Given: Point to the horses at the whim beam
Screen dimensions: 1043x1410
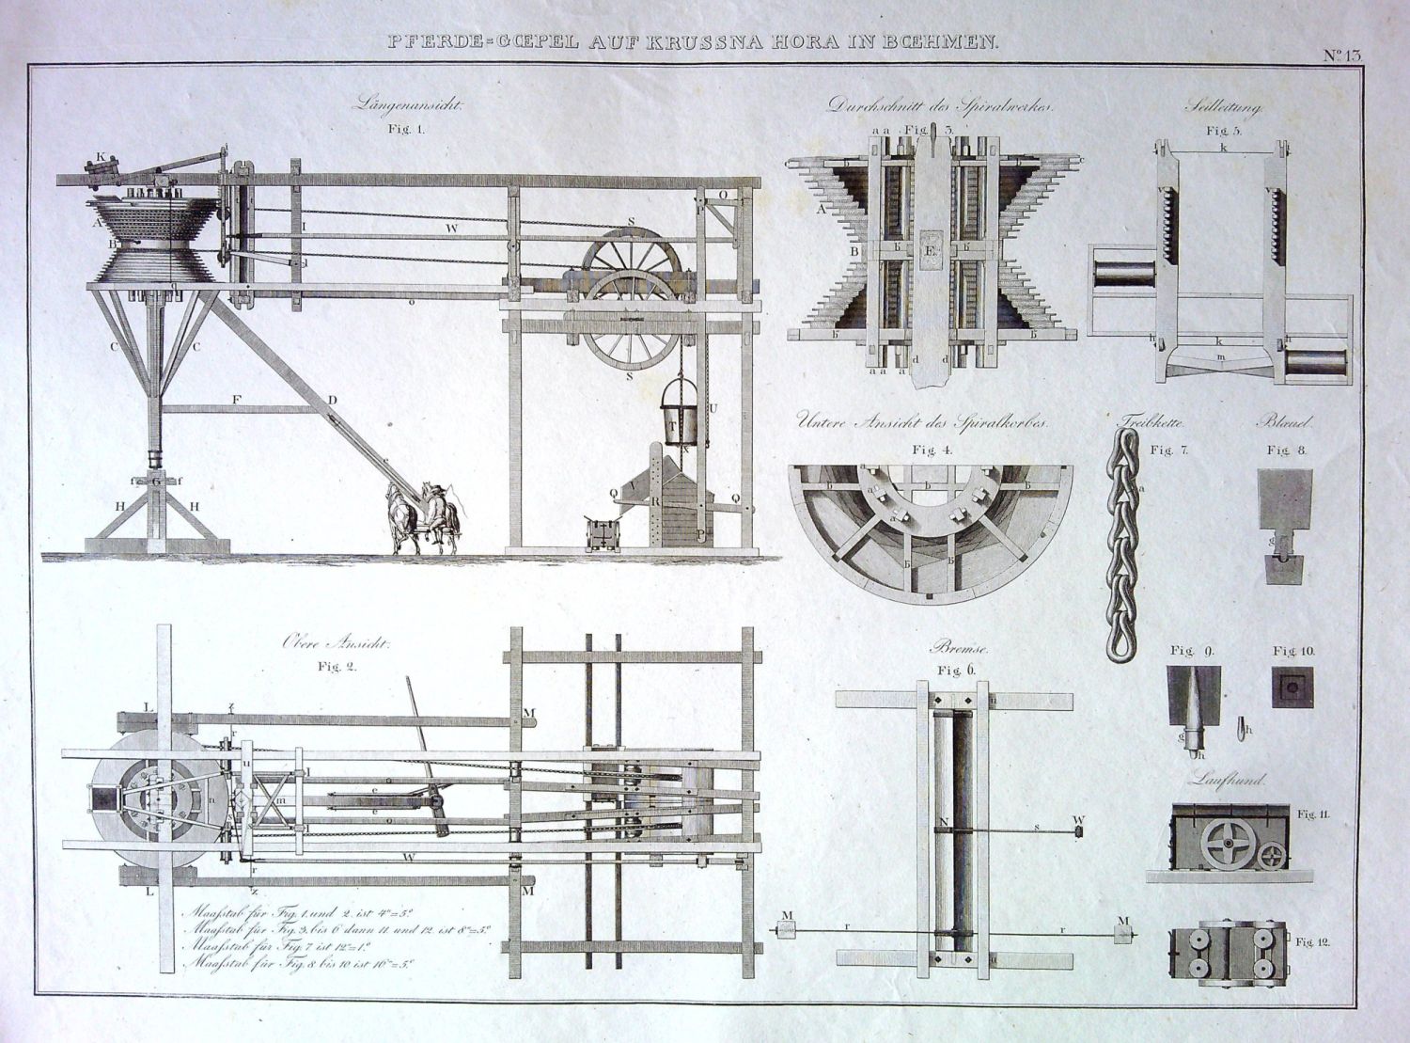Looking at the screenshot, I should click(422, 519).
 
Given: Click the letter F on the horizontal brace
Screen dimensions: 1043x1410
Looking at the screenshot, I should click(237, 400).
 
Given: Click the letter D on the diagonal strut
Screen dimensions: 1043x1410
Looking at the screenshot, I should click(332, 400).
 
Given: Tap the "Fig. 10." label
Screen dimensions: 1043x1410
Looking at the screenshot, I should click(1293, 651).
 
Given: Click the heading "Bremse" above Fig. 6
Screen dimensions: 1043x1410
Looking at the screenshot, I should click(953, 648).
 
